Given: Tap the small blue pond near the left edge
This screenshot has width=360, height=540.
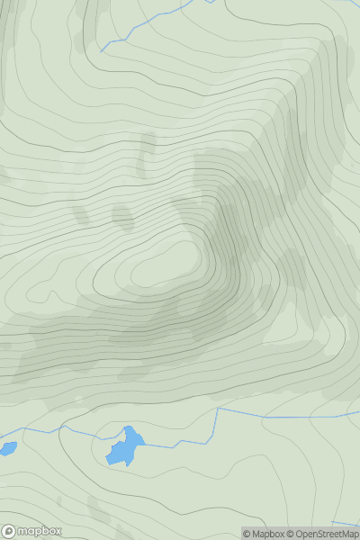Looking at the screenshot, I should tap(7, 447).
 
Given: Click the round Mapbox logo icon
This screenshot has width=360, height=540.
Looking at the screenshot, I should tap(10, 531).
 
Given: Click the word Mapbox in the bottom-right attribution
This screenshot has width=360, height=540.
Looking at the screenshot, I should tap(271, 534).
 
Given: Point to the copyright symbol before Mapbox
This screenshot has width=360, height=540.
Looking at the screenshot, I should tap(247, 534).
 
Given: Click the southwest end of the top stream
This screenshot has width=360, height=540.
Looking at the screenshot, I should tap(102, 50).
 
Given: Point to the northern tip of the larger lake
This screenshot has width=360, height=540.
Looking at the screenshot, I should tap(129, 427).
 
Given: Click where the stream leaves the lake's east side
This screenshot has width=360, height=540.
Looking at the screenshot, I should tap(144, 442).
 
